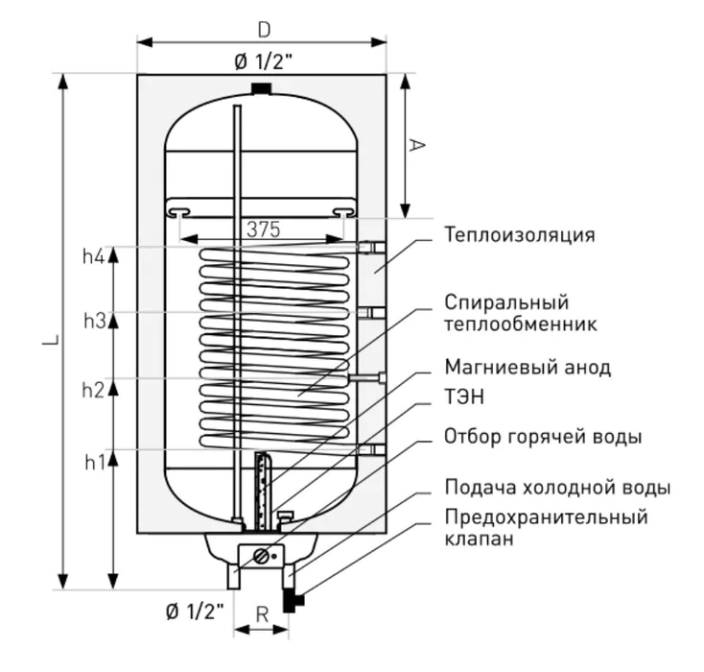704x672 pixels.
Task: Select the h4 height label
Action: coord(93,256)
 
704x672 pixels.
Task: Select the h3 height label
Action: coord(93,322)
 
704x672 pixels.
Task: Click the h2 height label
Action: coord(93,390)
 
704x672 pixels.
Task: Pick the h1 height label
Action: coord(93,463)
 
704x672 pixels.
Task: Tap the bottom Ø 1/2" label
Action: coord(194,611)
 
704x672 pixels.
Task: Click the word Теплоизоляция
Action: coord(519,235)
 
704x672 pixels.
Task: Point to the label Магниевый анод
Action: coord(527,368)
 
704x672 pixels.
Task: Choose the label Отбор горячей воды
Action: coord(542,438)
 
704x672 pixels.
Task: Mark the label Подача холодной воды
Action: coord(556,488)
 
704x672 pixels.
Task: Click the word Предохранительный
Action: coord(546,517)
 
